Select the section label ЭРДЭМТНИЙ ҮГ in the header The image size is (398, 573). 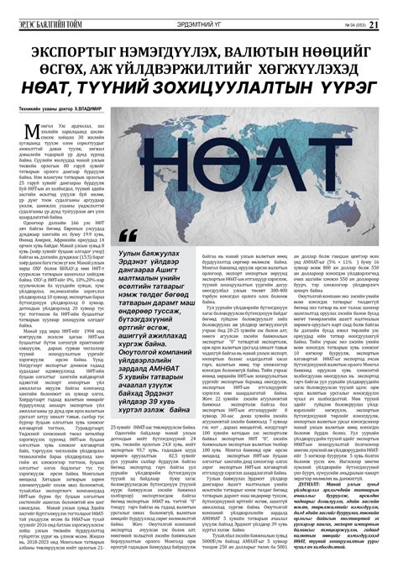(199, 10)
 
